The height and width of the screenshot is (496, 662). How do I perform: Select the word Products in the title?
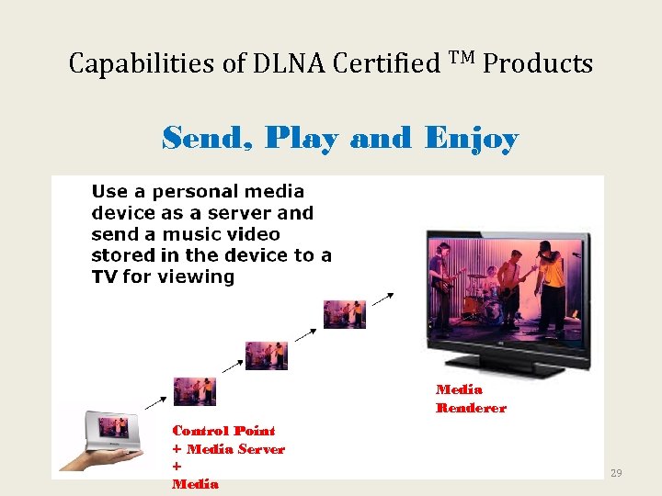point(538,63)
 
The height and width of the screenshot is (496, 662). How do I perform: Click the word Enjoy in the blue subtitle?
point(472,139)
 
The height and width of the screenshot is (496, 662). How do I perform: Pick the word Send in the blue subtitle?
point(208,139)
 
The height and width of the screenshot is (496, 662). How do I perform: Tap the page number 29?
point(616,472)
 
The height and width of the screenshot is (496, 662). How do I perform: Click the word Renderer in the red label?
point(471,408)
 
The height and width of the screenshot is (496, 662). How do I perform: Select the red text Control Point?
point(223,430)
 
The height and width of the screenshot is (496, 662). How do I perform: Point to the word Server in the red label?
point(262,448)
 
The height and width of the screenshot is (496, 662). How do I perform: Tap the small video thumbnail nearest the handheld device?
point(195,391)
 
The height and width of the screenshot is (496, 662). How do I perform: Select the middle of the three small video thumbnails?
point(267,355)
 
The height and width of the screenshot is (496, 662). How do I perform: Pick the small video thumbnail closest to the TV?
point(345,313)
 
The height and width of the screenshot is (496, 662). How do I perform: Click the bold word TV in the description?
point(104,276)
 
